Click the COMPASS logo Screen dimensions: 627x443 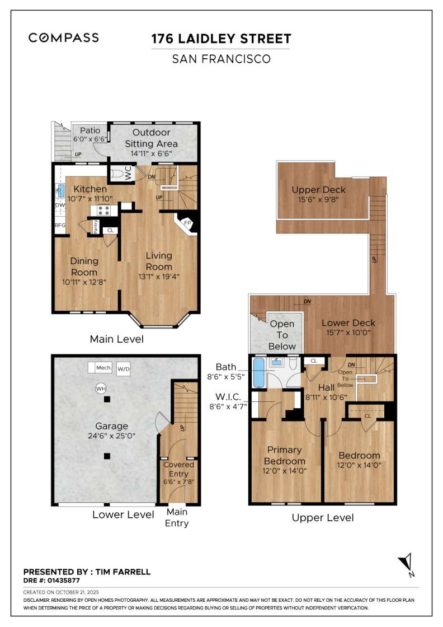point(64,38)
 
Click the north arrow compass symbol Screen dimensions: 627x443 point(406,565)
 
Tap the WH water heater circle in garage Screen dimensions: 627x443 point(101,388)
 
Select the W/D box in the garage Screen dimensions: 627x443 point(123,369)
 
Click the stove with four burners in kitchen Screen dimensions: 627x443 point(104,210)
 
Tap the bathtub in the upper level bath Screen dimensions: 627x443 point(258,373)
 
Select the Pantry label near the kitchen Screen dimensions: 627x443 point(96,227)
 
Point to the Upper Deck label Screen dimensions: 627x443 point(319,190)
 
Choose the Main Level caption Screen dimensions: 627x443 point(117,339)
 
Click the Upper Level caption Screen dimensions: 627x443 point(323,518)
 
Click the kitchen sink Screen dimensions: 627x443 point(60,190)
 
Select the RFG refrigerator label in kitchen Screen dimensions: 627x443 point(60,226)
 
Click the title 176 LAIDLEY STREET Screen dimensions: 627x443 point(221,39)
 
